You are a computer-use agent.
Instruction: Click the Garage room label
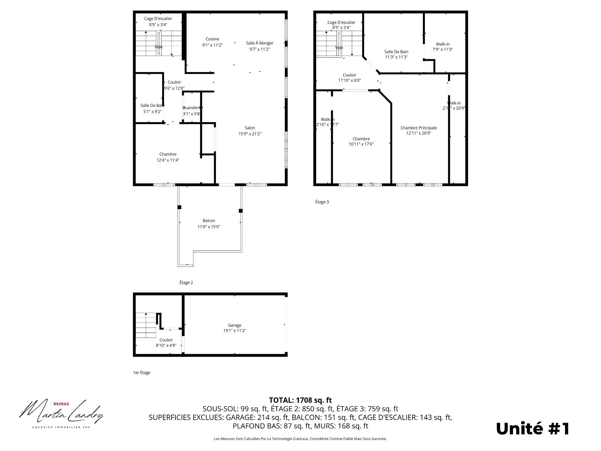point(234,325)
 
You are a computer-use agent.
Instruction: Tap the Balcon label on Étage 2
point(209,221)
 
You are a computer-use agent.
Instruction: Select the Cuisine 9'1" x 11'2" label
point(212,42)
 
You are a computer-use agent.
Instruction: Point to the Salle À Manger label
point(259,43)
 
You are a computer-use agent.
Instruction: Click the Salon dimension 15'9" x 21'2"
point(250,134)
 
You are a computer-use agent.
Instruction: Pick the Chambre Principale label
point(419,128)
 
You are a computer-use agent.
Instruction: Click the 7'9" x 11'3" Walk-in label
point(443,47)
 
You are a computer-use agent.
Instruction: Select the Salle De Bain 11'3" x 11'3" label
point(396,54)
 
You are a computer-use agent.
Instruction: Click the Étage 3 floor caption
point(322,202)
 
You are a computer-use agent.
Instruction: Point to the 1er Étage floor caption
point(141,373)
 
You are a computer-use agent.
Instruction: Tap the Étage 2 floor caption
point(186,283)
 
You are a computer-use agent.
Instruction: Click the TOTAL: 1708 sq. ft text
point(300,400)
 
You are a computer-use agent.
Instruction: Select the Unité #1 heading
point(533,429)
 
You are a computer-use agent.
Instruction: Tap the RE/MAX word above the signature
point(61,404)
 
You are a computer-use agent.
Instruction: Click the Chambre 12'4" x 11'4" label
point(168,157)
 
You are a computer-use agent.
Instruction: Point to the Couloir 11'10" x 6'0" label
point(349,78)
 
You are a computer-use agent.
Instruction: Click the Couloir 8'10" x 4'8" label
point(166,343)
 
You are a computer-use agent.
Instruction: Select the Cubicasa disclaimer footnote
point(300,439)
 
